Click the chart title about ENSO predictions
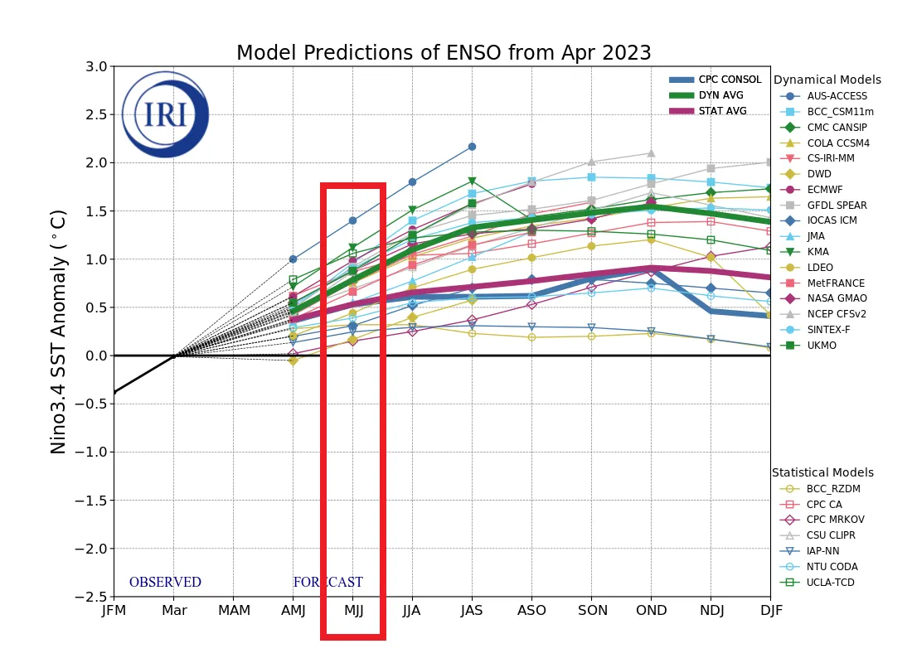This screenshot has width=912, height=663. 444,53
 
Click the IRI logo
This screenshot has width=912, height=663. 165,114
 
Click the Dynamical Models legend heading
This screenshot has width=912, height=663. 827,80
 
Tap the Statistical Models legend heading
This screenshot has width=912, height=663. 822,473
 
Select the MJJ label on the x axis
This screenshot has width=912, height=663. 352,611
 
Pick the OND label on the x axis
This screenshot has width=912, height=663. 651,611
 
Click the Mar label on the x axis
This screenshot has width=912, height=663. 173,611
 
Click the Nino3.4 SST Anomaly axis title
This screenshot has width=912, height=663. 59,331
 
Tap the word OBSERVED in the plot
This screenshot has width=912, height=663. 165,583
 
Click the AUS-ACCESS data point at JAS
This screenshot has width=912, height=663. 472,147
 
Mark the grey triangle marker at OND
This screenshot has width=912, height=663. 651,153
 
